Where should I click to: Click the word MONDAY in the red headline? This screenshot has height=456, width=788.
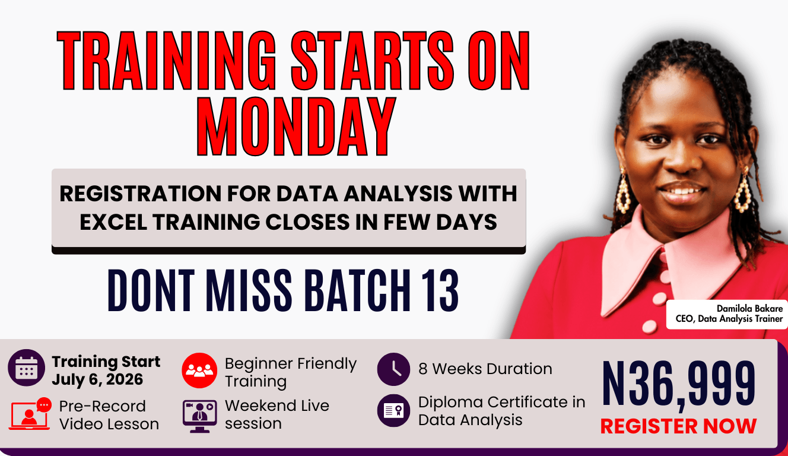tap(296, 126)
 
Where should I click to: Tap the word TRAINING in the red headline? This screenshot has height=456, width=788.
tap(167, 60)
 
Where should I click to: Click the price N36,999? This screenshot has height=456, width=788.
tap(679, 385)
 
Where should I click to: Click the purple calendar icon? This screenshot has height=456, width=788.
tap(26, 368)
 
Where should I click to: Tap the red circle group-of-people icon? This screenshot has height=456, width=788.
tap(199, 370)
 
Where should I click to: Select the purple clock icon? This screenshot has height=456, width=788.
tap(393, 369)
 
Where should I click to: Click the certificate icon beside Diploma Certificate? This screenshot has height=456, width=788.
tap(393, 410)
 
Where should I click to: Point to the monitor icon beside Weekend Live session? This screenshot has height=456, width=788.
tap(199, 416)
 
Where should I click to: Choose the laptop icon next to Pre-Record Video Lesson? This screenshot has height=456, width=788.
tap(29, 416)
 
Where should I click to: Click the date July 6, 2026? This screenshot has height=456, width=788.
tap(97, 379)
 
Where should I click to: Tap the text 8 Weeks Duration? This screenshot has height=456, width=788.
tap(485, 369)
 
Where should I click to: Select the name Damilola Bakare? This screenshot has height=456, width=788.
tap(749, 309)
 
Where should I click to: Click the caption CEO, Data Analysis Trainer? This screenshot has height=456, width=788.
tap(729, 319)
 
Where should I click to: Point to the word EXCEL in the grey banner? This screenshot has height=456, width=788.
tap(113, 222)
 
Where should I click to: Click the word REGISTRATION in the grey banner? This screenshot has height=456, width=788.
tap(141, 194)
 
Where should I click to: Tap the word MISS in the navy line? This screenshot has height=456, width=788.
tap(249, 290)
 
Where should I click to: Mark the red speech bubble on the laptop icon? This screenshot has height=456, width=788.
tap(44, 405)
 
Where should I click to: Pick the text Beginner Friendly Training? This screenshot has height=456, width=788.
tap(291, 372)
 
